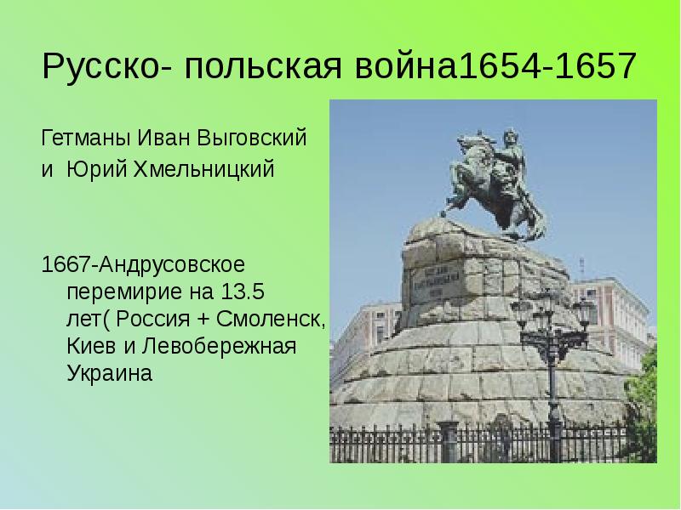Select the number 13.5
241,293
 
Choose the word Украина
109,374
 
